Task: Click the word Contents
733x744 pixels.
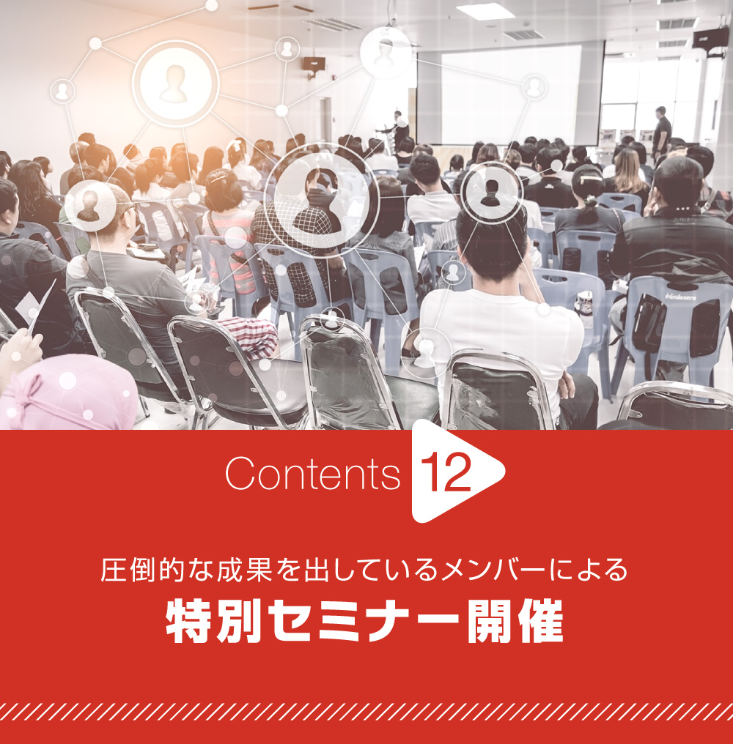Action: tap(313, 473)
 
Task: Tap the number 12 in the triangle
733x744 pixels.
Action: tap(446, 472)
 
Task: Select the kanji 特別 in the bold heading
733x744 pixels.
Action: tap(214, 621)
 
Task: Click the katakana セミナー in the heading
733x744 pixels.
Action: tap(364, 621)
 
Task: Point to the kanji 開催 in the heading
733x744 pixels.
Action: tap(515, 621)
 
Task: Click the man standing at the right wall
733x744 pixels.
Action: tap(661, 130)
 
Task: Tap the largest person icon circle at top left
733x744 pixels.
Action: tap(175, 83)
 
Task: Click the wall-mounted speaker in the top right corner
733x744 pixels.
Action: tap(710, 38)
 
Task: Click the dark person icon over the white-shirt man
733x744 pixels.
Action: tap(491, 190)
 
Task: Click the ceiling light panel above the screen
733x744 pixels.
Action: tap(485, 12)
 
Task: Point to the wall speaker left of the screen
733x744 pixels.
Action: tap(314, 63)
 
